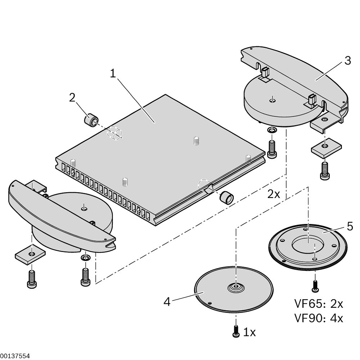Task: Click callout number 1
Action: click(113, 74)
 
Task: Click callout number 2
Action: click(72, 98)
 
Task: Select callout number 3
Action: click(347, 60)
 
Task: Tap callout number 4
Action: click(167, 301)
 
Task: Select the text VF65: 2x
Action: click(319, 304)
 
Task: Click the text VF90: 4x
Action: click(319, 318)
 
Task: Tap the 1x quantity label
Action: click(249, 332)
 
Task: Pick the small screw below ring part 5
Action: click(315, 286)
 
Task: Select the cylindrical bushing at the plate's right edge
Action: click(226, 197)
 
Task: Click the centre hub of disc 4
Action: click(235, 287)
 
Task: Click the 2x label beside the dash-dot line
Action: click(274, 194)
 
